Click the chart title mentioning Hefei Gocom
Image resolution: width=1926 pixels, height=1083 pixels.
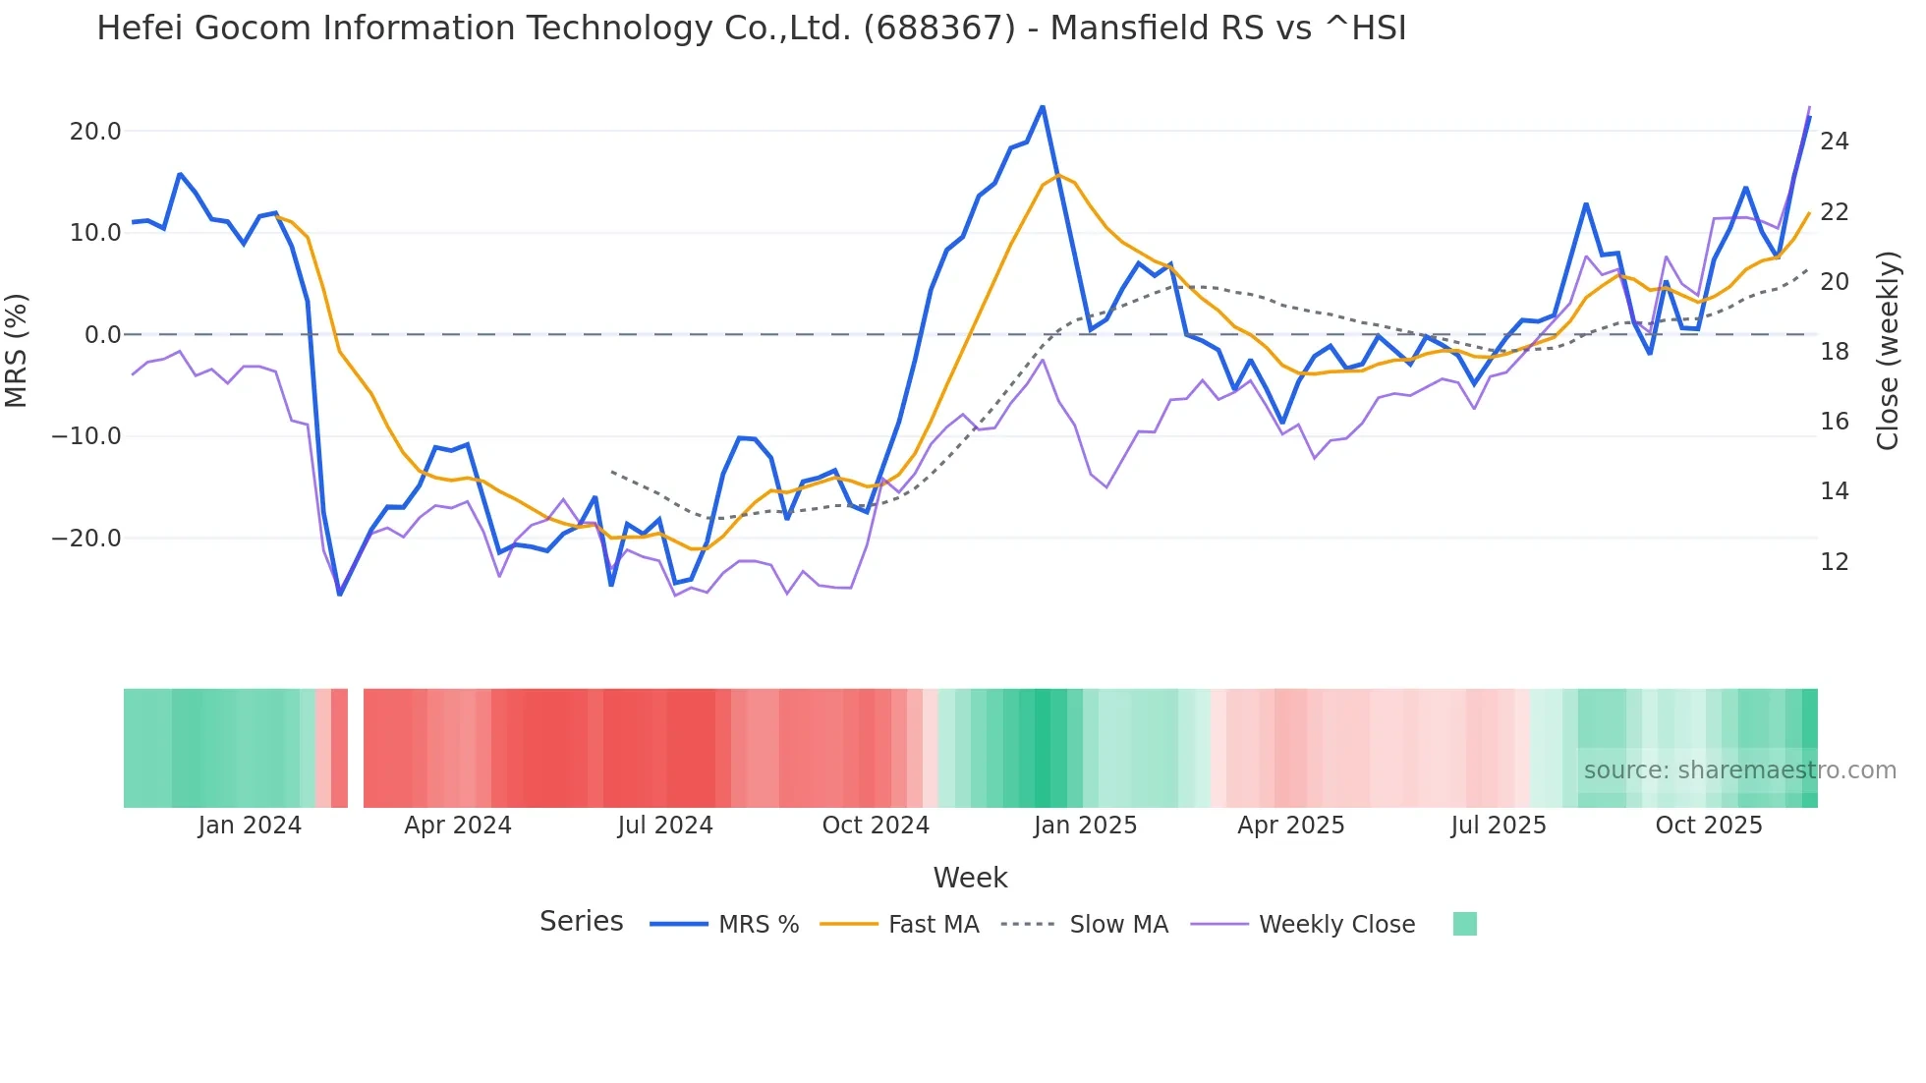point(751,28)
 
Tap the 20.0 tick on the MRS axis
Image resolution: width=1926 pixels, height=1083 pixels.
point(95,132)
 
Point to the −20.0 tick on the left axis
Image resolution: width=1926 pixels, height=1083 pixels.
point(86,539)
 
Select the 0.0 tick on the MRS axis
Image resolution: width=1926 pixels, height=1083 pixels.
point(102,335)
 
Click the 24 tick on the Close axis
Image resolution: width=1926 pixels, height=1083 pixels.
point(1834,142)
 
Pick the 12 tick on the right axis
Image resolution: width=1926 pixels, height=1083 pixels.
point(1834,562)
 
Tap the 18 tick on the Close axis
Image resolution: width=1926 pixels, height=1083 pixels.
point(1834,352)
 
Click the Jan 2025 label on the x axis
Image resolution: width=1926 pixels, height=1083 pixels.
point(1085,826)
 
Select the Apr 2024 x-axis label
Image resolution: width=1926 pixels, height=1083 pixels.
point(458,826)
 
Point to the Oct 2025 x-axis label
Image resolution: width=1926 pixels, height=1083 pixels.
point(1709,826)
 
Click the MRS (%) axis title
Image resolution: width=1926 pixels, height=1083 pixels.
point(17,350)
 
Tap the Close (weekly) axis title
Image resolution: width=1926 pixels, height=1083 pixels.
point(1888,350)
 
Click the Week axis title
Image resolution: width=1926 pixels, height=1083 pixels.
point(970,878)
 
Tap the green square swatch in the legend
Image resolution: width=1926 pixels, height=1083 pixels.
point(1464,924)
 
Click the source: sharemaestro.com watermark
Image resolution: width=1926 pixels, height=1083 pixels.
point(1739,770)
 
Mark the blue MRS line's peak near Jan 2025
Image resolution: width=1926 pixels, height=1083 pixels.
point(1043,107)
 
